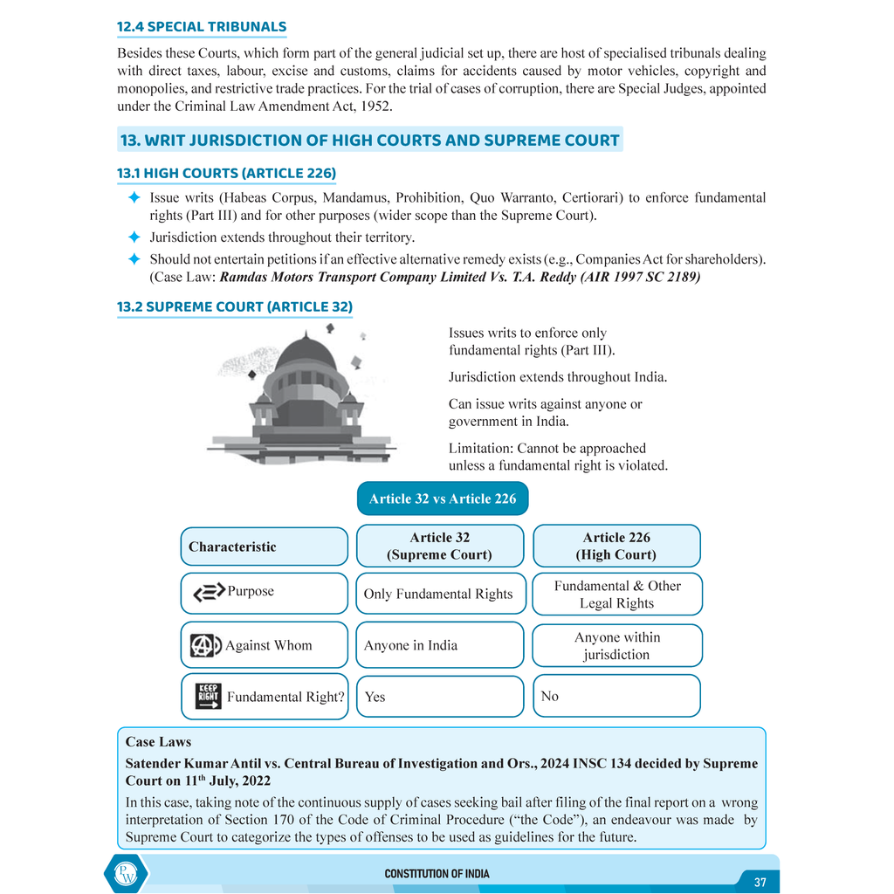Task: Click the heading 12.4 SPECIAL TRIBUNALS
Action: pos(202,27)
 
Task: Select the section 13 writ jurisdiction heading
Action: pos(369,140)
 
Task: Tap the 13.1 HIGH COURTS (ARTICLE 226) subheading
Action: pos(226,173)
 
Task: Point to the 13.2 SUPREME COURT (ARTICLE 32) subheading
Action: pos(235,306)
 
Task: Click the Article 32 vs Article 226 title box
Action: pos(443,499)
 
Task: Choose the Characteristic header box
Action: pos(264,547)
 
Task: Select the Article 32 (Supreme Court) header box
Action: pos(439,547)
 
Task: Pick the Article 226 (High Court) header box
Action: pos(616,547)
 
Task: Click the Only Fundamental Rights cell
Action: pos(440,594)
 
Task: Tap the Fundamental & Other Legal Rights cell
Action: pos(616,594)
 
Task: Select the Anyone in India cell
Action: pos(440,645)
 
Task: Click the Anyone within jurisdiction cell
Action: pos(616,645)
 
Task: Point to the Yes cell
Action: pos(440,696)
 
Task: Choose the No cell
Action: pos(616,696)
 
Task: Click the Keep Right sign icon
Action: pos(208,696)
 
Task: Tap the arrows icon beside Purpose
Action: pos(209,593)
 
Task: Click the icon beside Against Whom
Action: pos(206,646)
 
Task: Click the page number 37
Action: pos(760,882)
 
